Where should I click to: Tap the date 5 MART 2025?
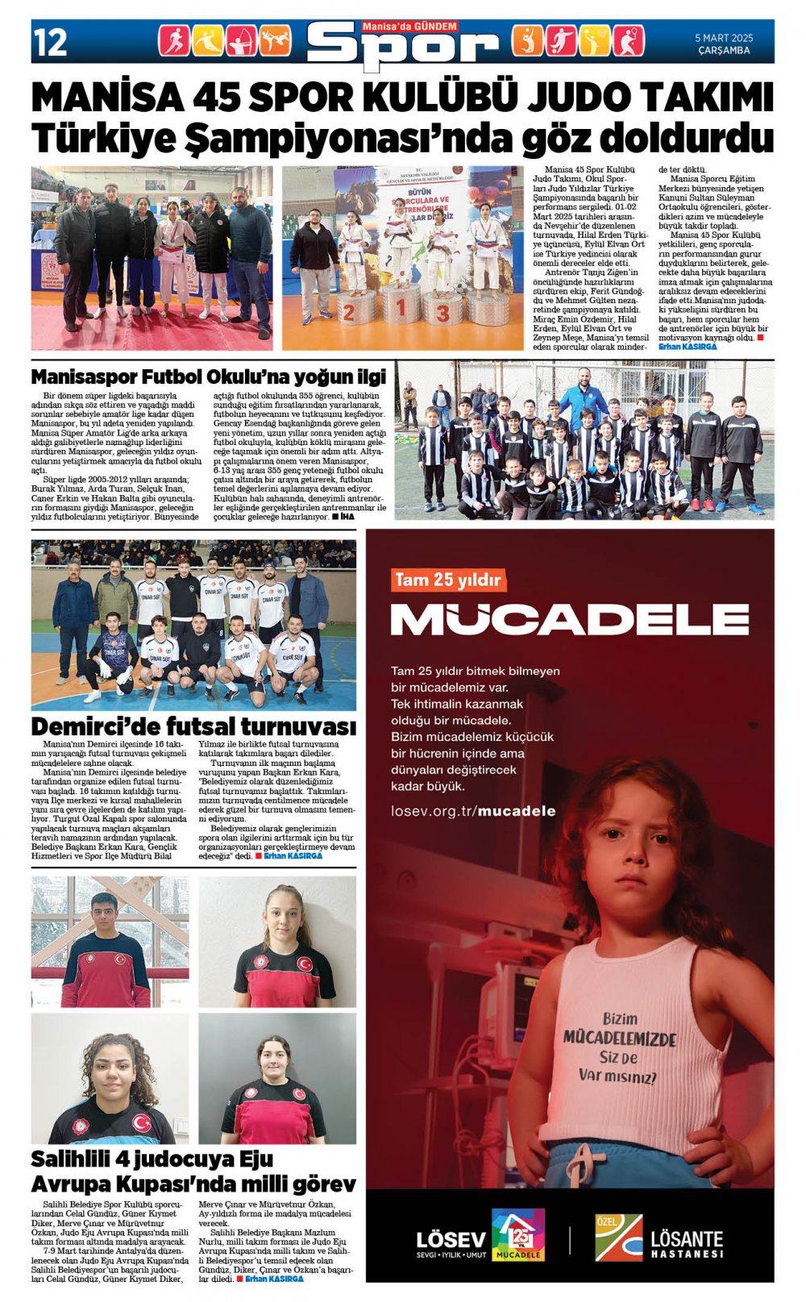724,38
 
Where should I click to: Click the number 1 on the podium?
400,308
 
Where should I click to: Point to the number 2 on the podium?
349,313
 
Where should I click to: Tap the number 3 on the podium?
442,311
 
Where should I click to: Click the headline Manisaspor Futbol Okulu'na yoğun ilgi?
209,376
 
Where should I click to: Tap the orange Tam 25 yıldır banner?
448,580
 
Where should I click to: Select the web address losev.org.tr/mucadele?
473,810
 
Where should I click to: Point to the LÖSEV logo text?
451,1239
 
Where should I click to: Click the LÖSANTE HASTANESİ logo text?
687,1242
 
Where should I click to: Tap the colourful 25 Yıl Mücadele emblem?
517,1234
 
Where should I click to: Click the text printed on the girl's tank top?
619,1048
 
